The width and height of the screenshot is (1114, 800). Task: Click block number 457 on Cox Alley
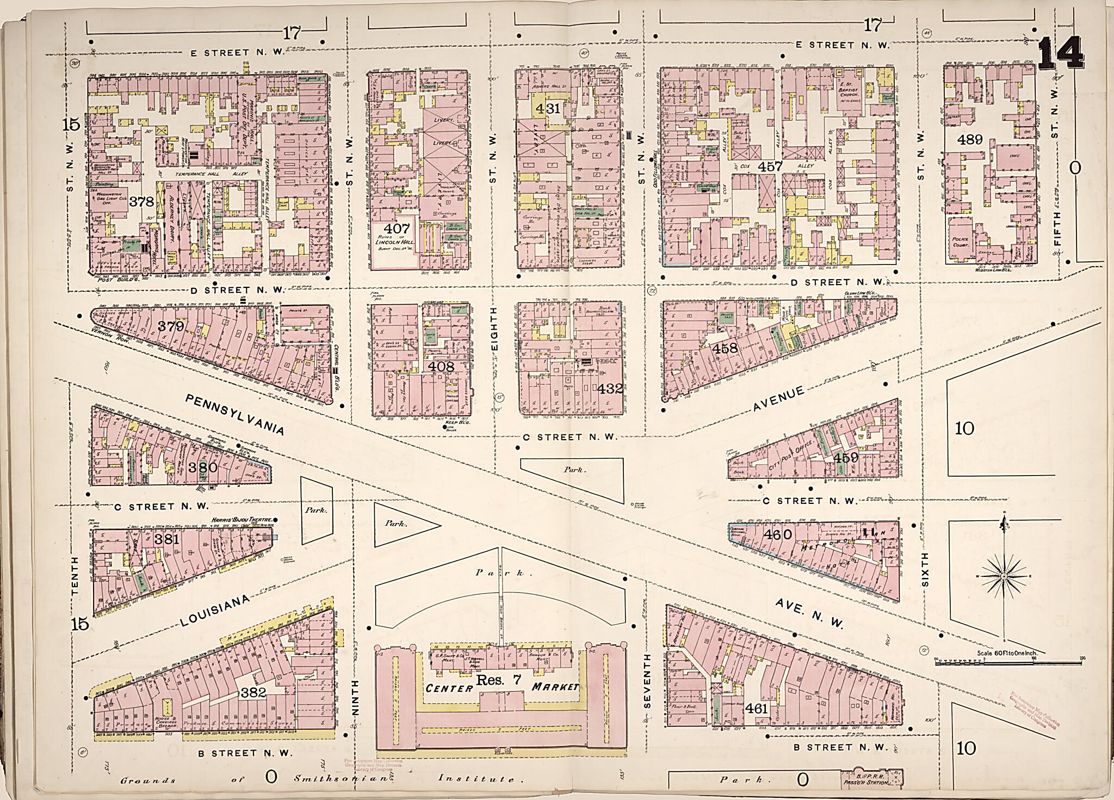(771, 167)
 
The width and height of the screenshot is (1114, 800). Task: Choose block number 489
(970, 140)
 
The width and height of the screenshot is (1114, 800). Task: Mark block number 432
(609, 389)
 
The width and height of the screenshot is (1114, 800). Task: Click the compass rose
(1004, 575)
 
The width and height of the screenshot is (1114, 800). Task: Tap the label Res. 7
(495, 680)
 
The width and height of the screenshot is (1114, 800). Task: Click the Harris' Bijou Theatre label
(241, 520)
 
